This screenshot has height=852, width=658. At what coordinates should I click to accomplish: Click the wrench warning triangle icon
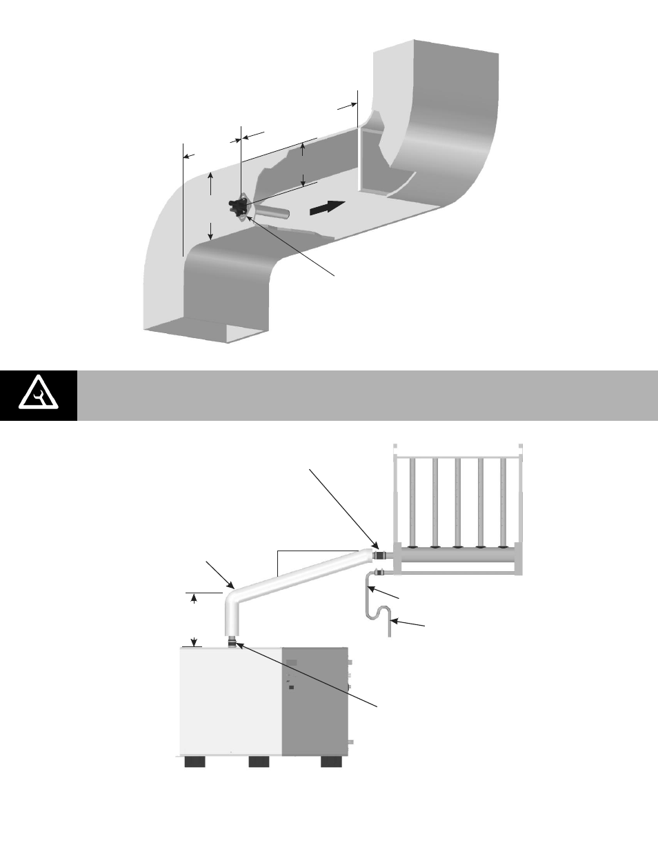point(38,395)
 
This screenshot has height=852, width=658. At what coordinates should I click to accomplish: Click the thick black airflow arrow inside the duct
point(326,207)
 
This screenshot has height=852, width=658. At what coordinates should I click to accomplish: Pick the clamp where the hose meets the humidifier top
point(232,644)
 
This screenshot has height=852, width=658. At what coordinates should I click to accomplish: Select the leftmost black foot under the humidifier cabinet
point(196,762)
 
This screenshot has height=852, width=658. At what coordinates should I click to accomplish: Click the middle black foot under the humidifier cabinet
point(259,762)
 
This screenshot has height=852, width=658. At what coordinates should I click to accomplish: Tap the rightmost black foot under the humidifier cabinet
point(331,762)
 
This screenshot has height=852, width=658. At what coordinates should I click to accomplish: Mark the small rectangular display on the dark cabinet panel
point(292,663)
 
